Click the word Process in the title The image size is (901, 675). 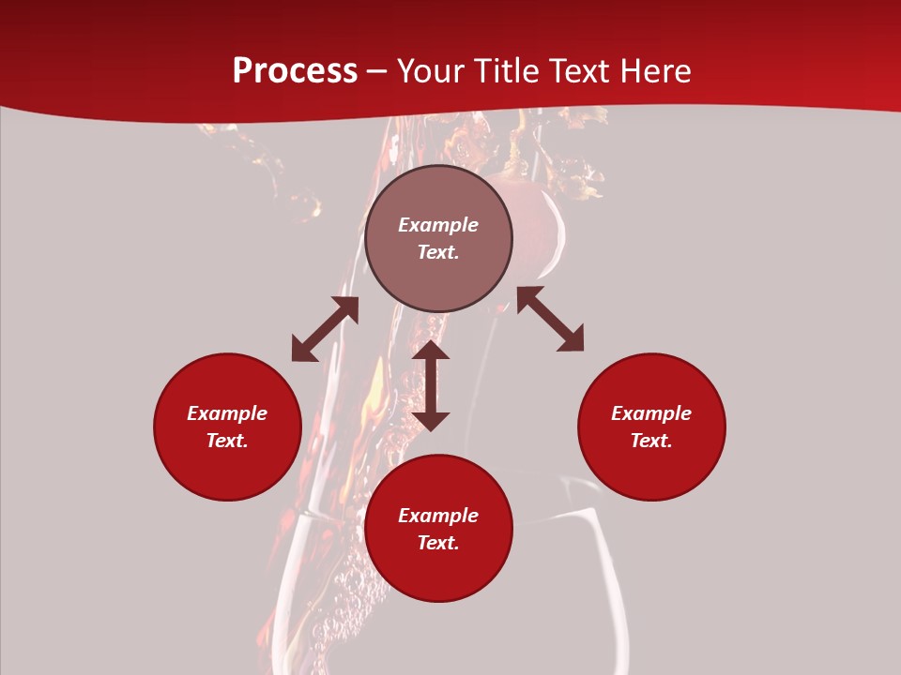295,71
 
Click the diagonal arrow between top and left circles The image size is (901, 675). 325,329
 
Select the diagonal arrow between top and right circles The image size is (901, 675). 550,319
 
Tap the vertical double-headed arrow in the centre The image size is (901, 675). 431,385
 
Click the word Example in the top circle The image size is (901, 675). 438,225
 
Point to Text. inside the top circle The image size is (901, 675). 438,252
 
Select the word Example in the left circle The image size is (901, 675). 227,413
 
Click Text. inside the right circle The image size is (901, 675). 651,441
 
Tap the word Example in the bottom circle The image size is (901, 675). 438,516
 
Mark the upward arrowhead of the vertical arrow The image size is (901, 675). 431,350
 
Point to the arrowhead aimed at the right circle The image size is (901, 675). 572,339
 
